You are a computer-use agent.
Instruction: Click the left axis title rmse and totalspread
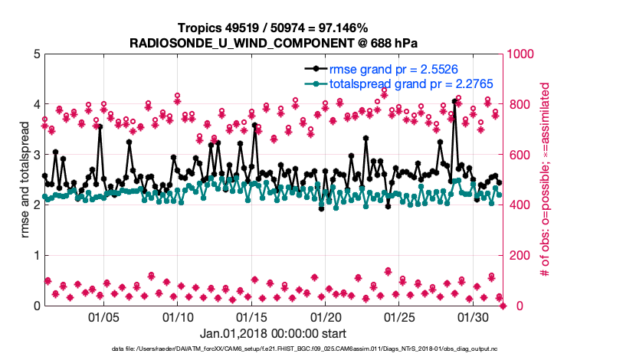click(x=25, y=180)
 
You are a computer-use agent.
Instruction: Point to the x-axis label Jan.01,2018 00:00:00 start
click(x=273, y=334)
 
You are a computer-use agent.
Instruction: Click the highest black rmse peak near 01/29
click(x=455, y=101)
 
